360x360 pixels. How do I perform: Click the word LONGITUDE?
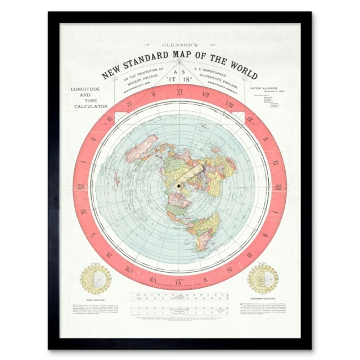[85, 89]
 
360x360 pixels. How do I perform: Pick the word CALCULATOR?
[85, 105]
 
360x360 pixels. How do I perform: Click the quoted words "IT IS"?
[180, 80]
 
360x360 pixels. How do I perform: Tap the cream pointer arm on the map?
[197, 175]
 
